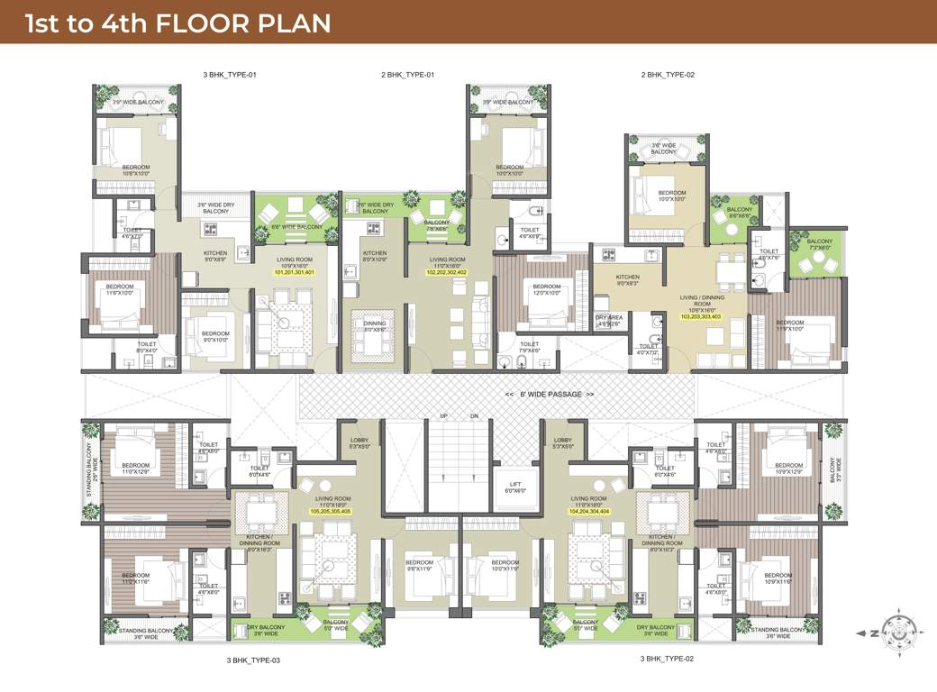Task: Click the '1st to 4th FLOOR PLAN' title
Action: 177,23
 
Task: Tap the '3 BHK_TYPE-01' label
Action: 230,75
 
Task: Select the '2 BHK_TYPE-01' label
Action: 408,75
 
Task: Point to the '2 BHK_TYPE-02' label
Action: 668,75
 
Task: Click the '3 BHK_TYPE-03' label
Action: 253,660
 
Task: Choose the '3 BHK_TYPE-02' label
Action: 668,659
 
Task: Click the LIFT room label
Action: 516,487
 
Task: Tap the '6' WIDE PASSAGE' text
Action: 550,395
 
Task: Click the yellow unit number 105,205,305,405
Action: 331,511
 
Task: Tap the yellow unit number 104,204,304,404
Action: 590,511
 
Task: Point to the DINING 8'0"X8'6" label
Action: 374,326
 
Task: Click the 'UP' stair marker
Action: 443,416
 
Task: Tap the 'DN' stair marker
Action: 474,416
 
